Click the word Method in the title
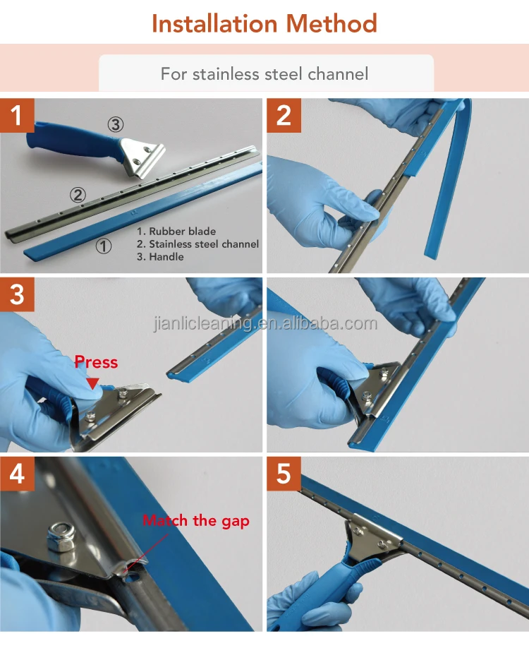pyautogui.click(x=332, y=23)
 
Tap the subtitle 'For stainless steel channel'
pyautogui.click(x=264, y=73)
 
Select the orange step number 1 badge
pyautogui.click(x=17, y=115)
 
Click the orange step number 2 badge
pyautogui.click(x=284, y=115)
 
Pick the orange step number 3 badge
pyautogui.click(x=17, y=294)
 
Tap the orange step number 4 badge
pyautogui.click(x=17, y=474)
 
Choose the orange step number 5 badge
pyautogui.click(x=284, y=474)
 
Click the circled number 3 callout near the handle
pyautogui.click(x=116, y=124)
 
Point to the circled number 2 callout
pyautogui.click(x=78, y=195)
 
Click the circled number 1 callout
pyautogui.click(x=104, y=246)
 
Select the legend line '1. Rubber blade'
pyautogui.click(x=176, y=231)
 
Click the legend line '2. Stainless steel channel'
pyautogui.click(x=197, y=244)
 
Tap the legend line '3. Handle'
pyautogui.click(x=160, y=257)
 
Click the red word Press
pyautogui.click(x=96, y=362)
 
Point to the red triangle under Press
pyautogui.click(x=93, y=383)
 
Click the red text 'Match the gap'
pyautogui.click(x=196, y=521)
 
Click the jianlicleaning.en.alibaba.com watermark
pyautogui.click(x=265, y=323)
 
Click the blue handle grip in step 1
pyautogui.click(x=74, y=143)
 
